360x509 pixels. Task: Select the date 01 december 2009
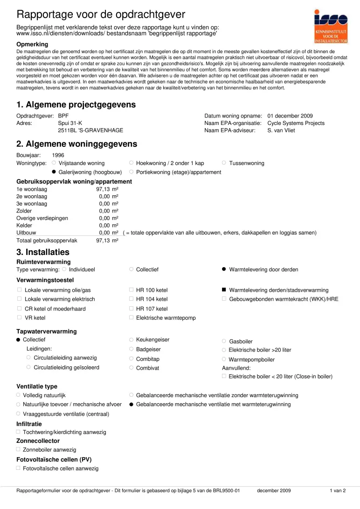pyautogui.click(x=290, y=116)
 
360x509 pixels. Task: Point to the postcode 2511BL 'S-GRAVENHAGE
pyautogui.click(x=90, y=131)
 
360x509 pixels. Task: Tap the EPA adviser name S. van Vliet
pyautogui.click(x=283, y=131)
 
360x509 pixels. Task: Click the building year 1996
pyautogui.click(x=58, y=155)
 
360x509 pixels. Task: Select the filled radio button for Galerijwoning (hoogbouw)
pyautogui.click(x=54, y=172)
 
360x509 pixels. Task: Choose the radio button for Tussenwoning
pyautogui.click(x=224, y=163)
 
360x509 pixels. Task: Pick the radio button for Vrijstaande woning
pyautogui.click(x=54, y=163)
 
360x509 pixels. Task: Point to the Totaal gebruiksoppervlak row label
pyautogui.click(x=47, y=241)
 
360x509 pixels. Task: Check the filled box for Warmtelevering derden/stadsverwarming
pyautogui.click(x=224, y=290)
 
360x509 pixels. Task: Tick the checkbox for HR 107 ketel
pyautogui.click(x=132, y=309)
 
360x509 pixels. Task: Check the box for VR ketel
pyautogui.click(x=19, y=317)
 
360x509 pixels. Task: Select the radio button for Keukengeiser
pyautogui.click(x=132, y=340)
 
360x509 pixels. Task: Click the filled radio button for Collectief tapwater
pyautogui.click(x=19, y=340)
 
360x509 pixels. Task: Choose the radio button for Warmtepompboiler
pyautogui.click(x=224, y=359)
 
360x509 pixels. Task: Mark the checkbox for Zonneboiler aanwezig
pyautogui.click(x=18, y=449)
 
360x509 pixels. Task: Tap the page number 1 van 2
pyautogui.click(x=338, y=491)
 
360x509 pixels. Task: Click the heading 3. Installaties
pyautogui.click(x=43, y=252)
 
